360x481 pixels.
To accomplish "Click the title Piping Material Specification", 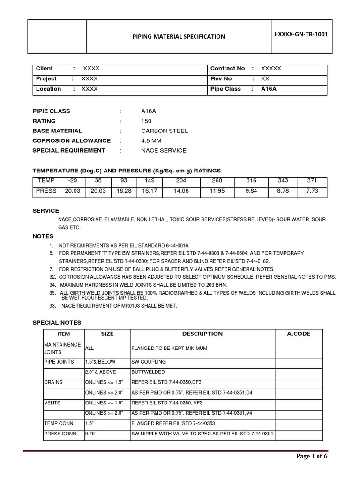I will (x=179, y=36).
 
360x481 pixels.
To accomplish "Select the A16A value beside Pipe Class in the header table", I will (x=269, y=89).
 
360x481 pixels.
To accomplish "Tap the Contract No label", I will (x=228, y=68).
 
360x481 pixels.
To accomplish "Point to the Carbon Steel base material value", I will (x=158, y=131).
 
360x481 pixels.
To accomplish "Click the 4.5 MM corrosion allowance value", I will (x=151, y=140).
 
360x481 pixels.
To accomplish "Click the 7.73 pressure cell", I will (x=311, y=191).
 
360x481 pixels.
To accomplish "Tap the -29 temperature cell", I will (x=72, y=181).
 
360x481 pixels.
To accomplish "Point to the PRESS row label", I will (x=46, y=191).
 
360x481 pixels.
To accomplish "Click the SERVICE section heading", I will (x=45, y=211).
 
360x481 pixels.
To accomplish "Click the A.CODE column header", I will (x=299, y=334).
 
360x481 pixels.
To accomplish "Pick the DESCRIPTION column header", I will (x=202, y=334).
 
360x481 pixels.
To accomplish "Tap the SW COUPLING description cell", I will (x=149, y=362).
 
